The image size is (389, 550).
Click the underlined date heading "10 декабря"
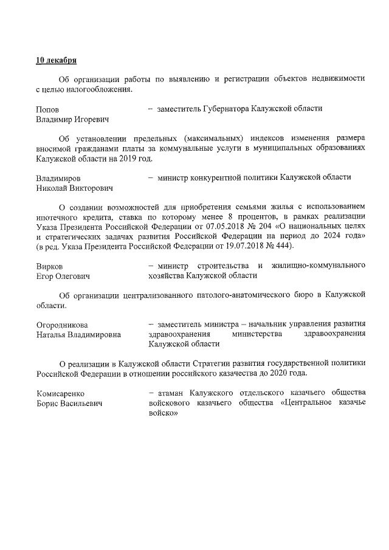click(x=56, y=61)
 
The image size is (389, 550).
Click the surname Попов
click(x=47, y=109)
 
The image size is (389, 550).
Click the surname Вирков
click(x=50, y=266)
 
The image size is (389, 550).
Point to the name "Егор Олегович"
click(x=63, y=277)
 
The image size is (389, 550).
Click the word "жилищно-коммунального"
click(x=317, y=266)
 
